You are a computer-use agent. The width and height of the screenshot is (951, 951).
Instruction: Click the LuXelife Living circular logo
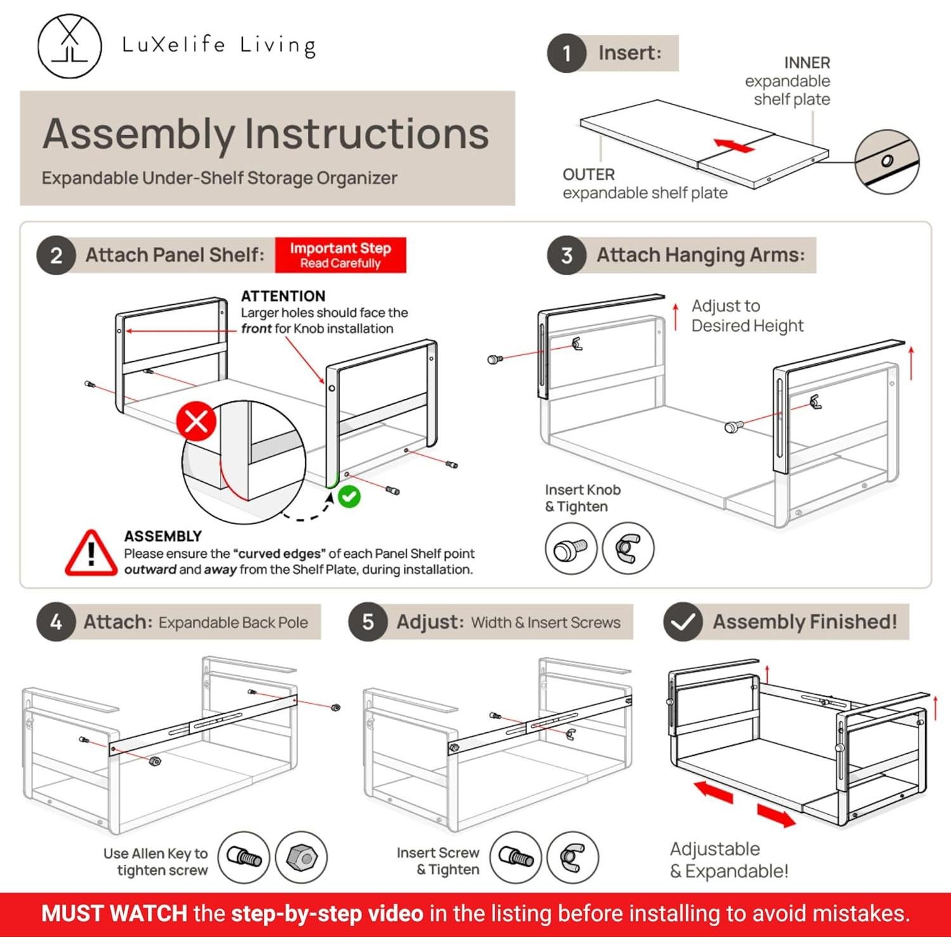click(x=69, y=46)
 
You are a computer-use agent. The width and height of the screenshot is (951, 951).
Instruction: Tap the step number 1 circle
click(x=566, y=53)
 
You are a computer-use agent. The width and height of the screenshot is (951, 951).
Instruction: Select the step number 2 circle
click(x=56, y=256)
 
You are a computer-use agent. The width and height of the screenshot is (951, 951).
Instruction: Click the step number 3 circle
click(x=566, y=256)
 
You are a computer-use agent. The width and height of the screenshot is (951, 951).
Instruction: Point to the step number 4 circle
click(x=56, y=622)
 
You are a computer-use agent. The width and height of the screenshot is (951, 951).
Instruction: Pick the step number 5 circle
click(x=368, y=622)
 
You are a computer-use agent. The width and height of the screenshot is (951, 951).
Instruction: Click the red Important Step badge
click(x=340, y=255)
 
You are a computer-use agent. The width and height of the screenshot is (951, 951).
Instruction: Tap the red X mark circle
click(x=197, y=421)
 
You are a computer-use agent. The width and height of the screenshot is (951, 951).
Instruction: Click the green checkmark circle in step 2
click(x=349, y=496)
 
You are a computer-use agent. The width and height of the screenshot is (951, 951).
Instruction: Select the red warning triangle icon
click(x=91, y=553)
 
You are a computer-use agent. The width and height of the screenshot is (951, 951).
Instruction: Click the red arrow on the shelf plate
click(x=734, y=145)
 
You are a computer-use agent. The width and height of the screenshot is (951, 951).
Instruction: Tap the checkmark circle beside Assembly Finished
click(x=683, y=622)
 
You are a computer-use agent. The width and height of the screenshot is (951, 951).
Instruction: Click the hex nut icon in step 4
click(x=302, y=858)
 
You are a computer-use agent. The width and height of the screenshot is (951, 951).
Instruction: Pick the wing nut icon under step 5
click(x=572, y=858)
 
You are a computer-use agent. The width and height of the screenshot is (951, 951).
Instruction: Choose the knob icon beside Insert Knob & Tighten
click(x=571, y=549)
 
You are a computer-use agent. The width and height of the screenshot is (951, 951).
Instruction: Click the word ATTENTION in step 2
click(x=283, y=296)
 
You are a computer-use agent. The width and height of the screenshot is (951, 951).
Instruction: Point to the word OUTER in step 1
click(x=588, y=174)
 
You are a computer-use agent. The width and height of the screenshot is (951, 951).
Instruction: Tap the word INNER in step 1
click(x=806, y=63)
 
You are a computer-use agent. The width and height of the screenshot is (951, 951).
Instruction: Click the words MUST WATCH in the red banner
click(x=114, y=914)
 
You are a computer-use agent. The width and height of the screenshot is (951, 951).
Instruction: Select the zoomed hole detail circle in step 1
click(x=886, y=162)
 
